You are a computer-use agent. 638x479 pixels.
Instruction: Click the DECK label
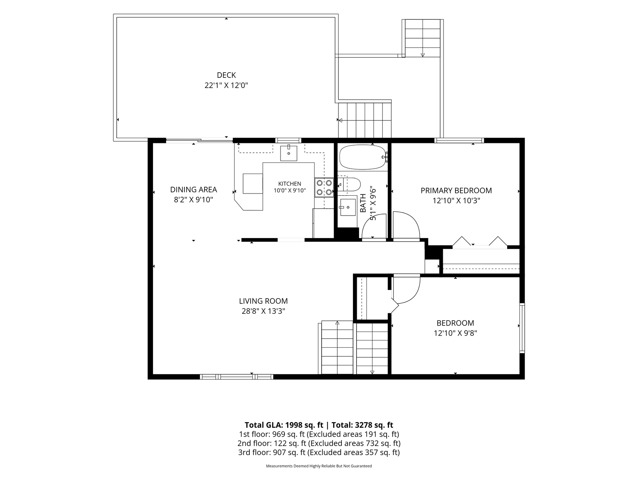226,75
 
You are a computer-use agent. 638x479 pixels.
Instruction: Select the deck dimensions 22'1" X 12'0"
226,85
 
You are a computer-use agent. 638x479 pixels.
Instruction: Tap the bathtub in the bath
363,157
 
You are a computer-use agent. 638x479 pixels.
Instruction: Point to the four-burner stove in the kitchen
324,187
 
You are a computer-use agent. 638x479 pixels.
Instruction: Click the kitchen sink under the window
289,153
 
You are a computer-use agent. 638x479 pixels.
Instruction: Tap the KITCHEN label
289,184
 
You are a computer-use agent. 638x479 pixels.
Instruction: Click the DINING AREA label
193,190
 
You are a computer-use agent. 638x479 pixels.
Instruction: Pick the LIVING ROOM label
263,301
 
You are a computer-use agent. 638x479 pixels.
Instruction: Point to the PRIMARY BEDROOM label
456,190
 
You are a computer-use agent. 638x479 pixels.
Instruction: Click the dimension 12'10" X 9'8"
455,333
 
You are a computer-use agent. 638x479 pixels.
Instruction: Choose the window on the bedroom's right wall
522,328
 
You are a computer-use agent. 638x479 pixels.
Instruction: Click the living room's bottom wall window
236,377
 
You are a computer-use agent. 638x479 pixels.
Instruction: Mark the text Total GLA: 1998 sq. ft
284,425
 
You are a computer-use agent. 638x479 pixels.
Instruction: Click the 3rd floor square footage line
319,452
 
